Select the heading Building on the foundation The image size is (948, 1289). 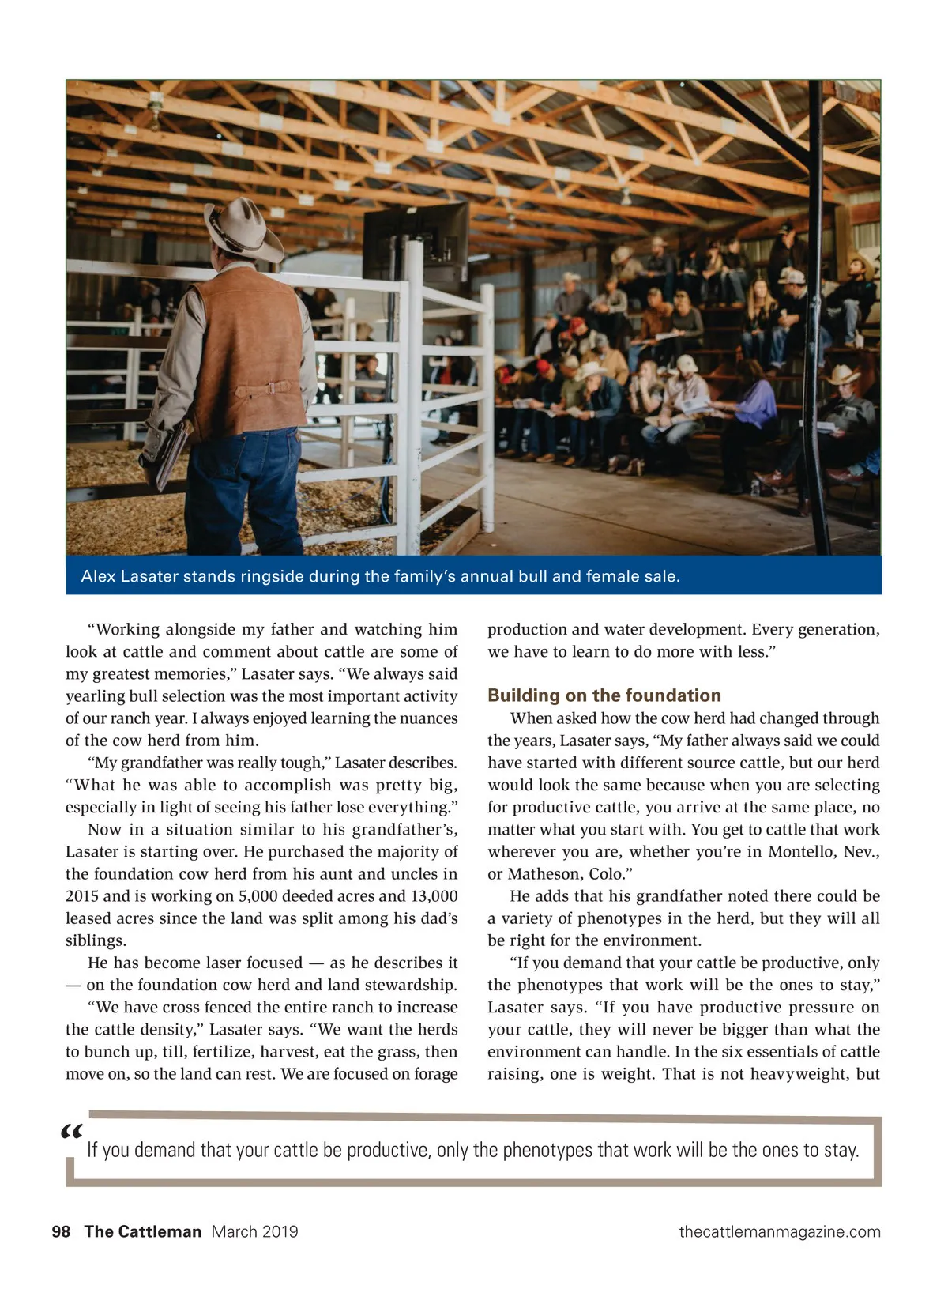click(x=604, y=695)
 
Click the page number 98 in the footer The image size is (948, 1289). click(x=61, y=1231)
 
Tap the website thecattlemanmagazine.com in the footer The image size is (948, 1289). click(x=779, y=1231)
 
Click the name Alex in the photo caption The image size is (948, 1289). click(x=98, y=576)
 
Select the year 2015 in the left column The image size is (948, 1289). click(x=82, y=896)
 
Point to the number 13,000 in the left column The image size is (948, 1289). click(x=434, y=896)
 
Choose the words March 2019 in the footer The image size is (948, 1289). click(x=254, y=1231)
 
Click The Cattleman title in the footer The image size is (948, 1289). click(x=143, y=1231)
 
